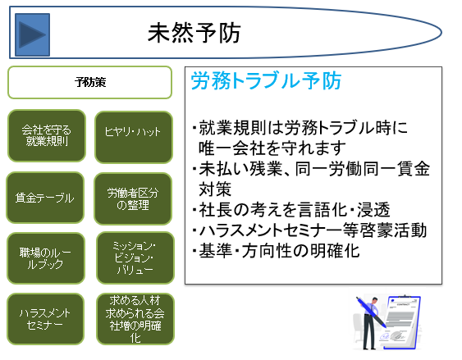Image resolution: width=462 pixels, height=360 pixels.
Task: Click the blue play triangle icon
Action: (x=32, y=34)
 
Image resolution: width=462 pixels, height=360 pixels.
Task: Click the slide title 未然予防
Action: (x=194, y=33)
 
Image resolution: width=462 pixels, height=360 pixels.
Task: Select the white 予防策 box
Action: (x=90, y=83)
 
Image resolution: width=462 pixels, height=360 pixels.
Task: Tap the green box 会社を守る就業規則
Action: (x=47, y=135)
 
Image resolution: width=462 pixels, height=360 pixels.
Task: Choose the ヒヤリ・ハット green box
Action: (x=134, y=137)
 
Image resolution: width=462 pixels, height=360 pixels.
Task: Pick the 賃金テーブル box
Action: (x=45, y=198)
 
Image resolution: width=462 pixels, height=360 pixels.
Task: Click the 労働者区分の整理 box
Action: (x=133, y=198)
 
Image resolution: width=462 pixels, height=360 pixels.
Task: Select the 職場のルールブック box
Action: (x=46, y=258)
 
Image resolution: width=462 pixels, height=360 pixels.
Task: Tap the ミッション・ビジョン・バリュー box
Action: (x=135, y=257)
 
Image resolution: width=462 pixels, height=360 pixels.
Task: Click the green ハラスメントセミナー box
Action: (x=45, y=319)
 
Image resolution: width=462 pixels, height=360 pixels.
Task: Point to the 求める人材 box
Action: (x=135, y=319)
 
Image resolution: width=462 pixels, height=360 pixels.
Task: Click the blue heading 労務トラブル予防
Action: (x=266, y=80)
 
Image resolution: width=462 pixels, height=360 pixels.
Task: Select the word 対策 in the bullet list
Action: (x=215, y=189)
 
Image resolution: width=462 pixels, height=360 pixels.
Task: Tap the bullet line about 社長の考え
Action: (x=290, y=210)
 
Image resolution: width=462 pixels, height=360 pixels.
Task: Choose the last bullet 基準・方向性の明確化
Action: (x=276, y=251)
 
